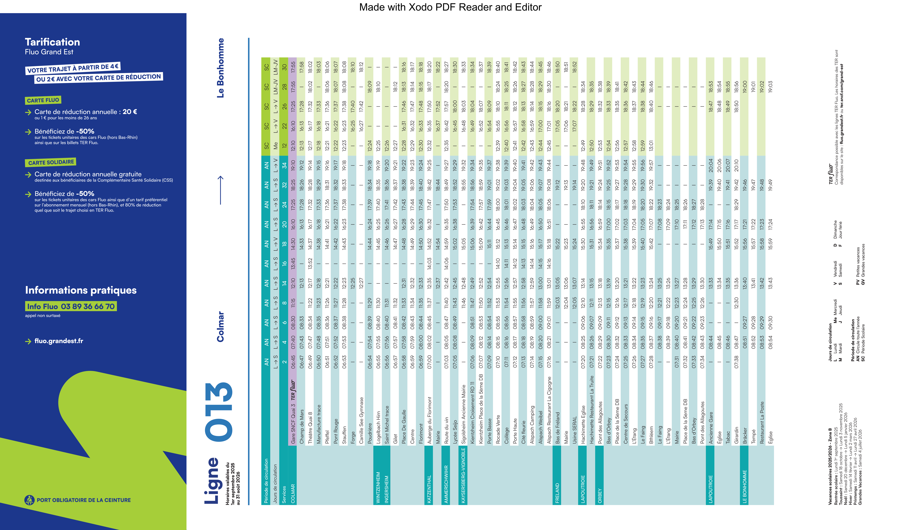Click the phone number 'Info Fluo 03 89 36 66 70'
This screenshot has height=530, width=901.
[71, 306]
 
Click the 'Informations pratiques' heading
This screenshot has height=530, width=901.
[81, 290]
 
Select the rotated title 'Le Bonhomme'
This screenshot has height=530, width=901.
[221, 68]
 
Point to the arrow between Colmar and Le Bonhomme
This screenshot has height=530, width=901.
[221, 190]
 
